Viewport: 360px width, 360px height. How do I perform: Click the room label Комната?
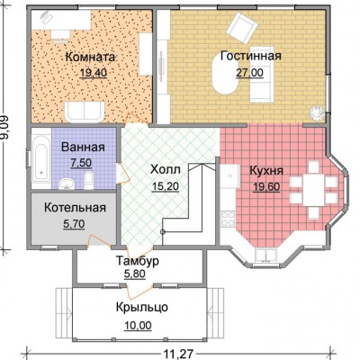click(x=90, y=57)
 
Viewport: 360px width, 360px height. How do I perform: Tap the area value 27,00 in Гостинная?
click(x=249, y=73)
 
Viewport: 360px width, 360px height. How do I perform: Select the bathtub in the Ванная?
click(x=41, y=159)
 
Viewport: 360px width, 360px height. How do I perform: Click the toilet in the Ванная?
click(x=88, y=181)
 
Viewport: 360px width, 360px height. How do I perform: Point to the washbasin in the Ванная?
click(x=67, y=184)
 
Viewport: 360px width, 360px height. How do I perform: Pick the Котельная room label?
click(x=75, y=208)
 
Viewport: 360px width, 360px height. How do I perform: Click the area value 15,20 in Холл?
click(x=166, y=186)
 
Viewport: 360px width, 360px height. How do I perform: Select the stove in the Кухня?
click(x=228, y=219)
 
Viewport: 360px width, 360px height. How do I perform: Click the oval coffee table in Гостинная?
click(x=226, y=75)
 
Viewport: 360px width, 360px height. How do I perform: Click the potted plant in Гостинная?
click(x=317, y=113)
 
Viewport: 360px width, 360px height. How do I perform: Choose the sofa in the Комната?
click(x=85, y=112)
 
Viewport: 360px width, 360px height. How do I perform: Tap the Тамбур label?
click(x=138, y=261)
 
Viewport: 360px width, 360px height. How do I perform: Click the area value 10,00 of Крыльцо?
click(x=138, y=325)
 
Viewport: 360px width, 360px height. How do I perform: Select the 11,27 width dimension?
click(x=178, y=354)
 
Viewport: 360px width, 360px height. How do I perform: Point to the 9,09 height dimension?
click(x=4, y=128)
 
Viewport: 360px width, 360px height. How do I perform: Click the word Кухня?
click(x=266, y=171)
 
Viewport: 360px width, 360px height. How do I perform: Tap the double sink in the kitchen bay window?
click(x=266, y=256)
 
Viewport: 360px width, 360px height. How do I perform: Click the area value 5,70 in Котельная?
click(x=74, y=224)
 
